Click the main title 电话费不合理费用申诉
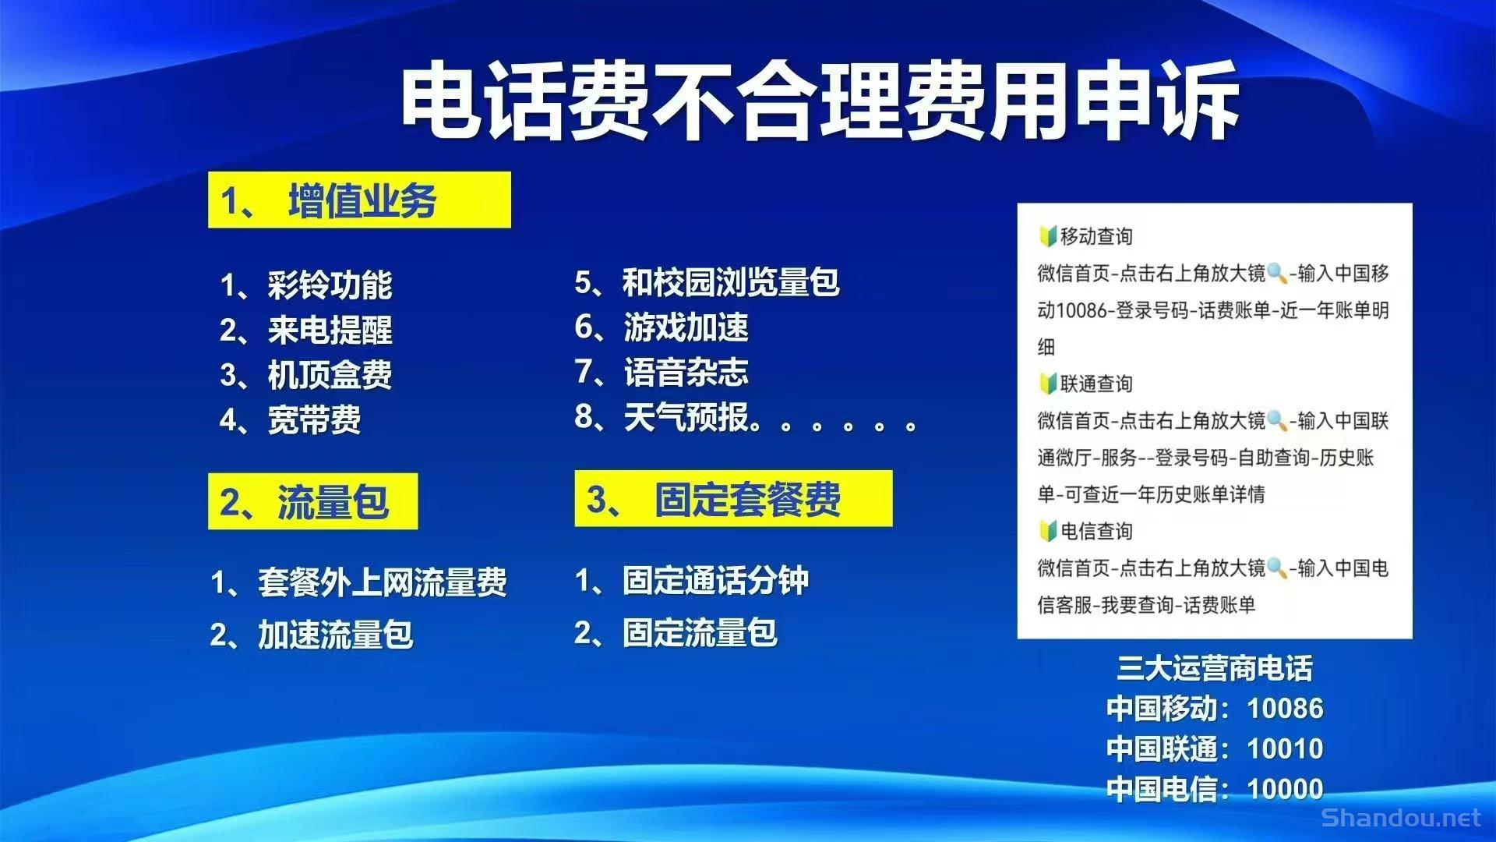point(820,101)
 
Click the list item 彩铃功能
point(329,285)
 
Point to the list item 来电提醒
point(329,331)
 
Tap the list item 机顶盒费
point(329,375)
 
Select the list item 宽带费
point(313,420)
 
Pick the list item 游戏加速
point(686,327)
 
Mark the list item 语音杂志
point(686,372)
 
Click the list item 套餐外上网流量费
point(382,582)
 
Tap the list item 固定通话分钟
point(714,581)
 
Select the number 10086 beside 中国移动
point(1285,709)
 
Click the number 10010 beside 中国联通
point(1285,749)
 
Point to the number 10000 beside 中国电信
point(1285,789)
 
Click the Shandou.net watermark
point(1400,818)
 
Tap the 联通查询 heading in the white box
point(1096,384)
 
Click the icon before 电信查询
point(1047,531)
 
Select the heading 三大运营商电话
point(1214,668)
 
